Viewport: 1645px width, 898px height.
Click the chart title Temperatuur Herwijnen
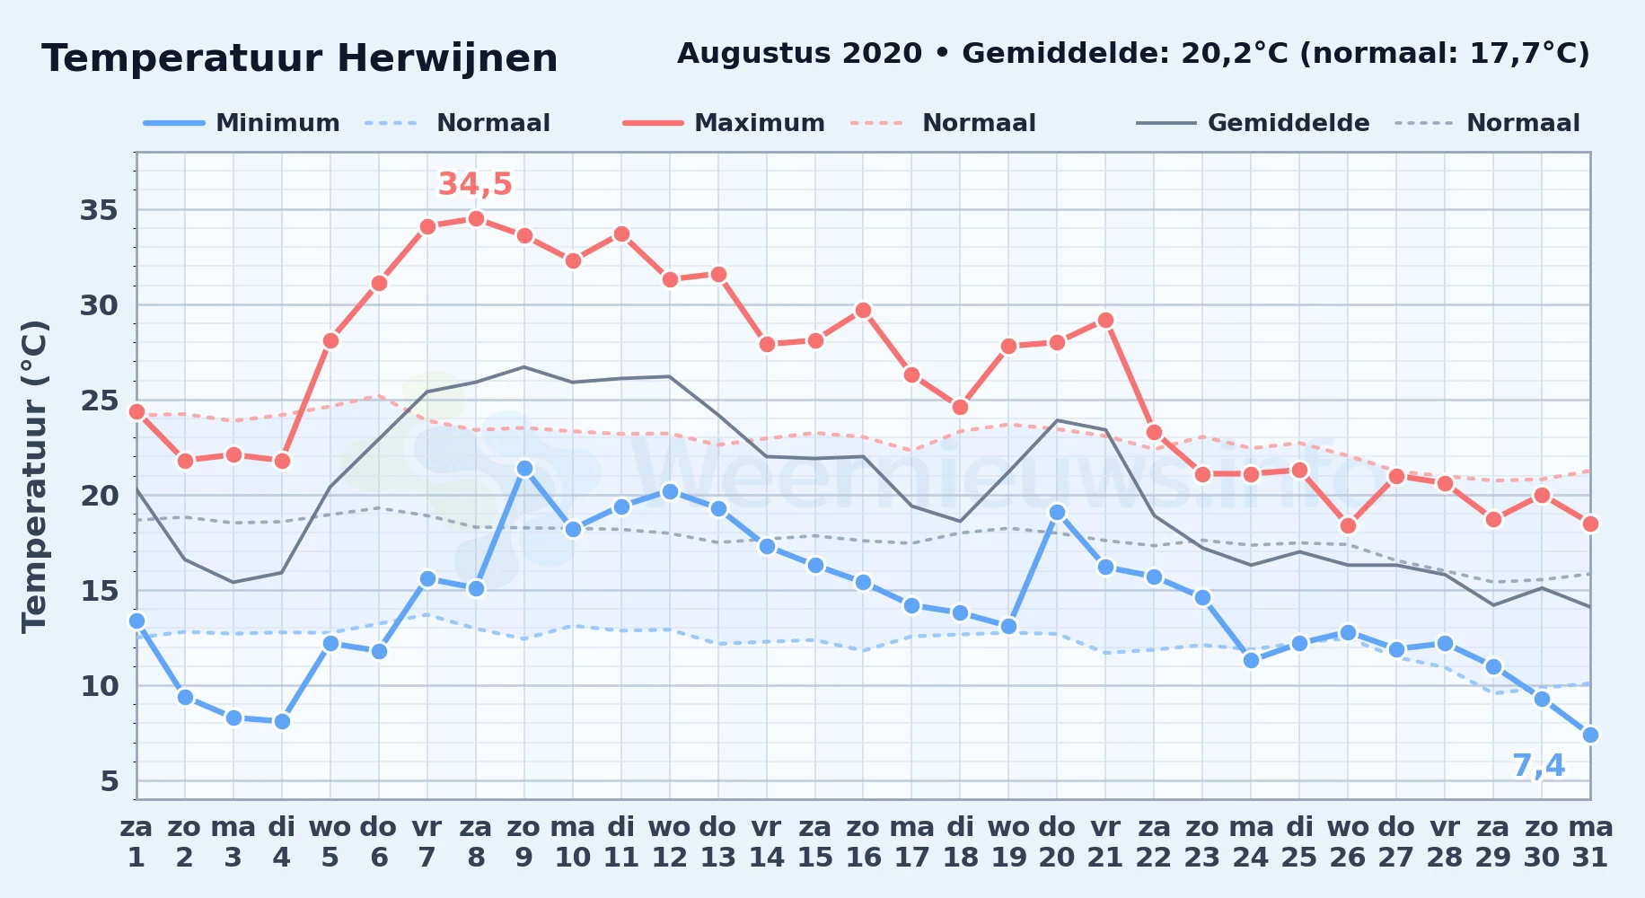[x=300, y=58]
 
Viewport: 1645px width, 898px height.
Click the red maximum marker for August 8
[x=476, y=218]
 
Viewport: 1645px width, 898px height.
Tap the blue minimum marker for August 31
[x=1590, y=735]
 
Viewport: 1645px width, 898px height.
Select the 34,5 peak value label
[x=475, y=184]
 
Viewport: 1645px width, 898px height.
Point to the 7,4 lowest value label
[x=1538, y=766]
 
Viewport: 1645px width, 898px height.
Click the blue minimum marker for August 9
[x=524, y=468]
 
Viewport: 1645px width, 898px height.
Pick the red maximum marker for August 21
[x=1105, y=320]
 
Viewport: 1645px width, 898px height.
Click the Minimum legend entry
[x=242, y=123]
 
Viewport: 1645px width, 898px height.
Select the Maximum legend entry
[x=724, y=123]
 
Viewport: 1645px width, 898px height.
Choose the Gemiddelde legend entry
[x=1254, y=123]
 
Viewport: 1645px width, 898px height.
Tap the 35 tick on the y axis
[x=100, y=210]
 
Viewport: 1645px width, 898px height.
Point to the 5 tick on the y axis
[x=110, y=781]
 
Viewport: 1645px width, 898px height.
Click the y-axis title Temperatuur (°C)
[x=34, y=476]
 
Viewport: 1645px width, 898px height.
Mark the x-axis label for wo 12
[x=669, y=842]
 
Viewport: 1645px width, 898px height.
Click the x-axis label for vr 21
[x=1105, y=842]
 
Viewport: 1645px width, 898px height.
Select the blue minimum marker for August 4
[x=282, y=721]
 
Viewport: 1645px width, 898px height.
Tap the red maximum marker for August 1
[x=136, y=411]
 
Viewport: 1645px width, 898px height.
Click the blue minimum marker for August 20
[x=1057, y=512]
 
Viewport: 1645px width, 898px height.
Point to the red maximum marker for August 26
[x=1348, y=525]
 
